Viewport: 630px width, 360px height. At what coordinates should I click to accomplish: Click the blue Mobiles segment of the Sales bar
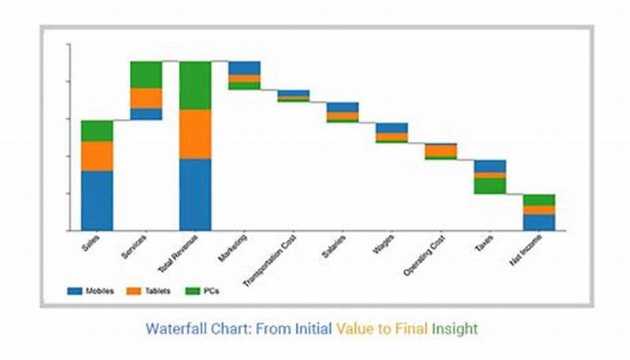tap(97, 200)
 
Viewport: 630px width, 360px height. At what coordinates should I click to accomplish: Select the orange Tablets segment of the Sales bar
tap(97, 156)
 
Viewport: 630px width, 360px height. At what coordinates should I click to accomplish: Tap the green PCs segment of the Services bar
tap(146, 74)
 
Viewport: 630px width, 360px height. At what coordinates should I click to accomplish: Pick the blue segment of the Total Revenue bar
tap(195, 195)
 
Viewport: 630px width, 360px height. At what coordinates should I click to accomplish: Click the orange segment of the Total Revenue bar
tap(195, 134)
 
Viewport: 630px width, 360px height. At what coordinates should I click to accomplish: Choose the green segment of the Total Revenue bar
tap(195, 85)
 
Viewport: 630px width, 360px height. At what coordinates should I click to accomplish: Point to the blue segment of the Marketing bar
tap(244, 68)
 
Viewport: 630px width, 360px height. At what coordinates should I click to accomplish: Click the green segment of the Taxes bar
tap(490, 186)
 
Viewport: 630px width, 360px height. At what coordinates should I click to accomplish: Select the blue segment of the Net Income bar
tap(539, 222)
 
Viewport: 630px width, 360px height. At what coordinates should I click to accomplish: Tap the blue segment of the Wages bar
tap(391, 128)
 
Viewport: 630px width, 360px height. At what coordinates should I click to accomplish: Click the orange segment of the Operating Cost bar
tap(441, 150)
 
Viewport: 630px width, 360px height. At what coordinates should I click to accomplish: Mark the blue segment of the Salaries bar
tap(343, 107)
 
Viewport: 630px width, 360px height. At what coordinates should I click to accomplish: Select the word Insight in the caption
tap(455, 328)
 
